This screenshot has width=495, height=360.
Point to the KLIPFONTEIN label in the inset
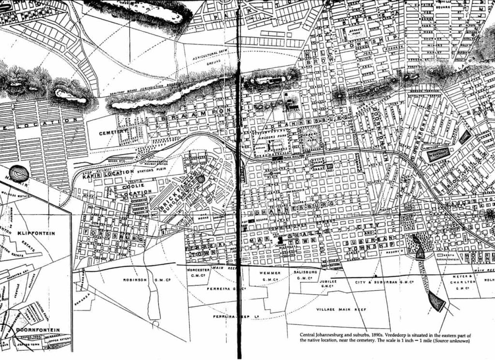pos(36,233)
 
